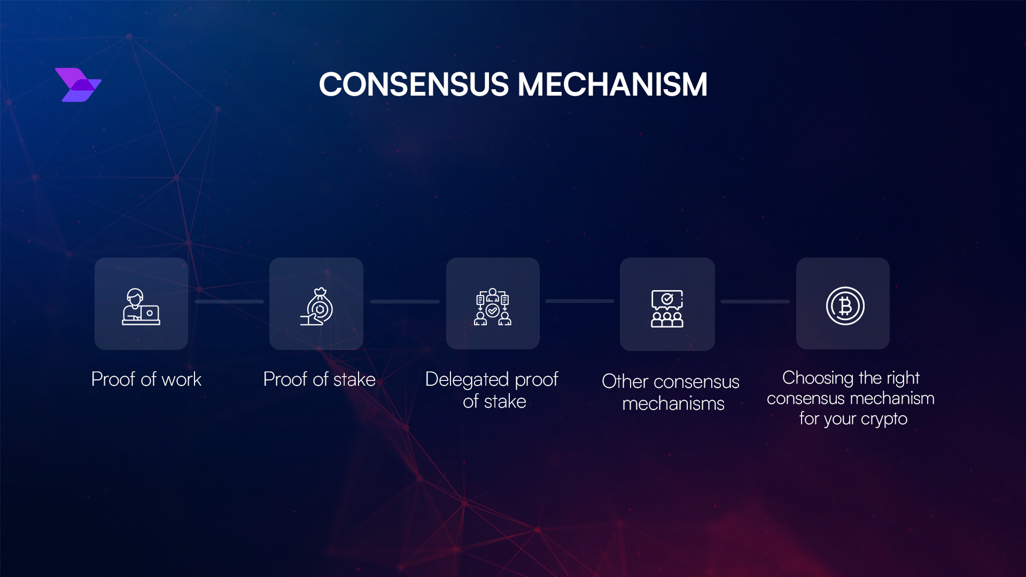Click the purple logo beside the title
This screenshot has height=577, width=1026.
[x=78, y=85]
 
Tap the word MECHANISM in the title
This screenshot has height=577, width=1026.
[x=612, y=85]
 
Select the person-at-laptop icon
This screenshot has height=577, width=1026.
[x=141, y=307]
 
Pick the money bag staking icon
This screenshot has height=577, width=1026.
[x=317, y=307]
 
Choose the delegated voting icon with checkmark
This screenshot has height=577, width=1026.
[x=493, y=307]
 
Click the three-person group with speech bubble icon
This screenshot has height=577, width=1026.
[x=667, y=308]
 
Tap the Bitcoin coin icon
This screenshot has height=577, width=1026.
[x=845, y=306]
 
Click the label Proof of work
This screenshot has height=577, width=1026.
[x=146, y=379]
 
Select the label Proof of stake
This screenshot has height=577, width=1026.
[x=320, y=379]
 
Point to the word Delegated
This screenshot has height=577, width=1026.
[x=467, y=379]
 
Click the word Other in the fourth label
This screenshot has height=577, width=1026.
[x=625, y=381]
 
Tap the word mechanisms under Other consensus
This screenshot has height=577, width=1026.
[x=673, y=404]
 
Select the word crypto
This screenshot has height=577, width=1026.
[x=884, y=419]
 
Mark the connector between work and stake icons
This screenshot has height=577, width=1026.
[x=229, y=302]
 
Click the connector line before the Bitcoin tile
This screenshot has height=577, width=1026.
[x=755, y=302]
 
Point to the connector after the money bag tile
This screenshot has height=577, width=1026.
[x=405, y=302]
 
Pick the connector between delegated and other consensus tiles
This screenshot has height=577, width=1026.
[x=580, y=301]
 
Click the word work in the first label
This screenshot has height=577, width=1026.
[x=181, y=379]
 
